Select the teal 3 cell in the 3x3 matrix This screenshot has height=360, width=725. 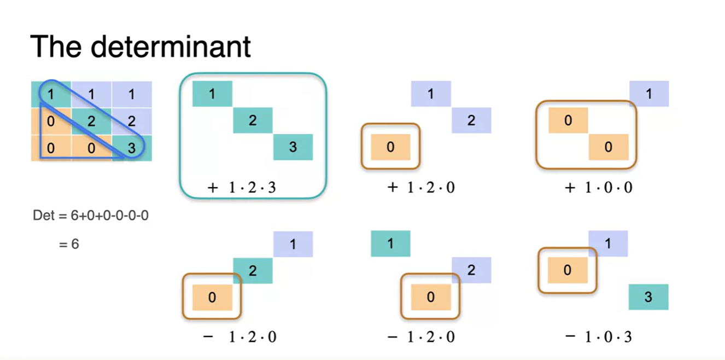tap(132, 148)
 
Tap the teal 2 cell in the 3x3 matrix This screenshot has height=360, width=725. tap(91, 121)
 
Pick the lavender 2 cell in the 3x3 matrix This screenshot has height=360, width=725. tap(132, 121)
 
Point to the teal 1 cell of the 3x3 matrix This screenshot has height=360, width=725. tap(51, 94)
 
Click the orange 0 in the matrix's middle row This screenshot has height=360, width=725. tap(51, 121)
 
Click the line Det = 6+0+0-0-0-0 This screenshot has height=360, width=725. tap(91, 216)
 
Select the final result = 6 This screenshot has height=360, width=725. tap(69, 244)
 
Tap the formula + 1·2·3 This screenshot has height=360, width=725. tap(242, 188)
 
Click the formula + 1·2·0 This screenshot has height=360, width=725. tap(420, 188)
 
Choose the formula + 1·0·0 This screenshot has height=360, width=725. tap(598, 188)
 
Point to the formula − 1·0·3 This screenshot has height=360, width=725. tap(598, 336)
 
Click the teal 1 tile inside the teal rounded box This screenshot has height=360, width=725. tap(212, 94)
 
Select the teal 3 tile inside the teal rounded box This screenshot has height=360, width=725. tap(293, 147)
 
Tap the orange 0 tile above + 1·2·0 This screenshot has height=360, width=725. tap(390, 147)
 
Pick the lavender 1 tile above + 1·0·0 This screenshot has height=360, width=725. tap(649, 94)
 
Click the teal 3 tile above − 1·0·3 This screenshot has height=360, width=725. tap(648, 297)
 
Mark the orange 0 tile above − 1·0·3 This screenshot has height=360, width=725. tap(568, 270)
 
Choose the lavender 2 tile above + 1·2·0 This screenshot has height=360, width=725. tap(471, 120)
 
